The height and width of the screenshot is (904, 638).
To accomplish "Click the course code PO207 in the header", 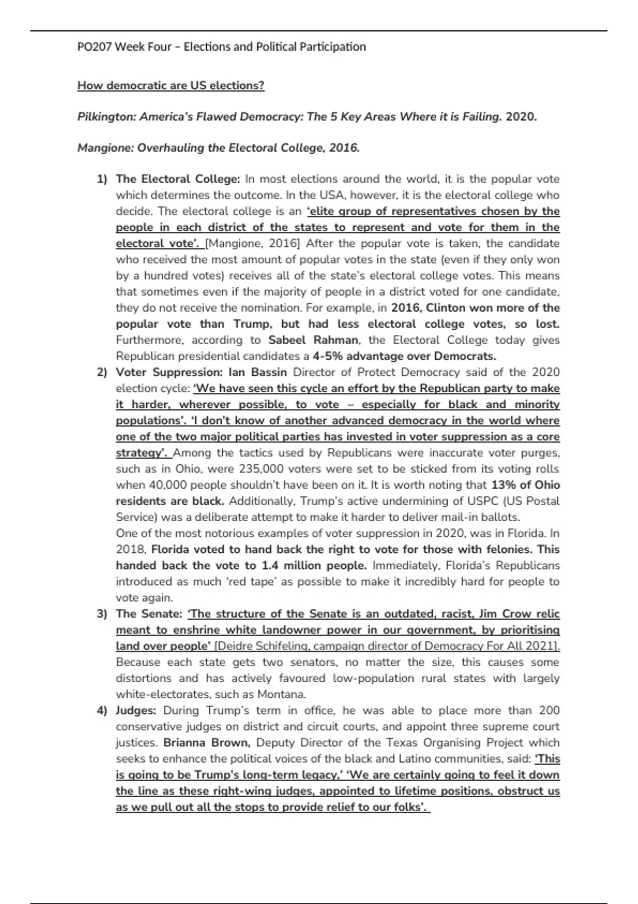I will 94,47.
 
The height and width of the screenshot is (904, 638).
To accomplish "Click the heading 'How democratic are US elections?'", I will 171,86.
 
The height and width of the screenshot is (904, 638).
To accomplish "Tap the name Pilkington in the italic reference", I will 106,117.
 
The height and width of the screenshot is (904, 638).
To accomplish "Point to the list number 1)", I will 102,179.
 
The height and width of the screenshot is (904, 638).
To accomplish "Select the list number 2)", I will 102,372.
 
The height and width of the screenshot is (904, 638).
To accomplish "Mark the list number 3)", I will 102,614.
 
